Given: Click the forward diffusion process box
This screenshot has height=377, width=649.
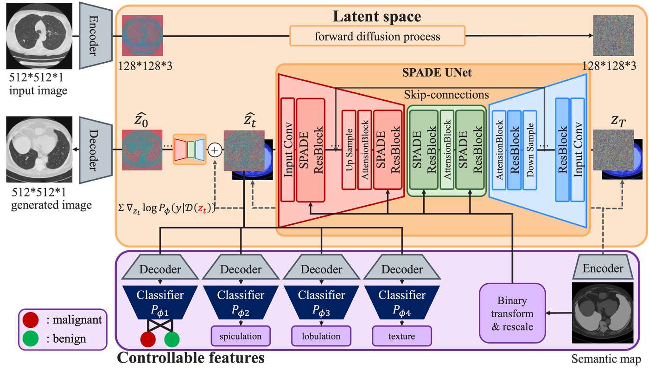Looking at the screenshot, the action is click(x=377, y=36).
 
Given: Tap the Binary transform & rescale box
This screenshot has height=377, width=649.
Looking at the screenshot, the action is click(x=512, y=313).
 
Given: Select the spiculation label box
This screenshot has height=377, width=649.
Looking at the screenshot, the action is click(x=241, y=336).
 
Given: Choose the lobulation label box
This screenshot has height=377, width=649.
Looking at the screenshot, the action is click(x=321, y=336).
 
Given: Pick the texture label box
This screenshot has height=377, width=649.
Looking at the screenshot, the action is click(x=402, y=336).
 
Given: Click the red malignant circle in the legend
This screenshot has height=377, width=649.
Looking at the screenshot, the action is click(x=31, y=320).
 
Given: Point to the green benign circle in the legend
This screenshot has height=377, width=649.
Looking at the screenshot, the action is click(x=31, y=338).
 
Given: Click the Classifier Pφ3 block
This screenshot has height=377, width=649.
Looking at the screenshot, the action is click(x=321, y=302).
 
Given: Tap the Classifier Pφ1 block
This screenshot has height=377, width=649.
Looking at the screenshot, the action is click(x=160, y=302).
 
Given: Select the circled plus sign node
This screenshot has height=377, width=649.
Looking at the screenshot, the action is click(x=215, y=150).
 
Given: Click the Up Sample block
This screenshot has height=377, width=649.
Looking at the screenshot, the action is click(x=349, y=150).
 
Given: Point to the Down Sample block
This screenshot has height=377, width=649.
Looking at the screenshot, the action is click(x=529, y=150).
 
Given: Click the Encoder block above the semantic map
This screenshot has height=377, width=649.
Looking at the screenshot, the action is click(x=603, y=267).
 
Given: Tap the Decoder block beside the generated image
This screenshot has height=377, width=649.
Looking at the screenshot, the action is click(x=95, y=150).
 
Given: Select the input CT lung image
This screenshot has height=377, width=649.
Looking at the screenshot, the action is click(x=39, y=36).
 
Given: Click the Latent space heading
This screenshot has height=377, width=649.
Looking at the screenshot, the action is click(x=376, y=16).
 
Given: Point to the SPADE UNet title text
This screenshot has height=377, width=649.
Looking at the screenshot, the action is click(x=437, y=72).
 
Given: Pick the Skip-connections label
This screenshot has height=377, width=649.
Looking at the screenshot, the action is click(x=446, y=95).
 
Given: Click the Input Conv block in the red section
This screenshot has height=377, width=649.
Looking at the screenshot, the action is click(x=288, y=150).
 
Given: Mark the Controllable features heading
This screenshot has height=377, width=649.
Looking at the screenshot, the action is click(x=191, y=357).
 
